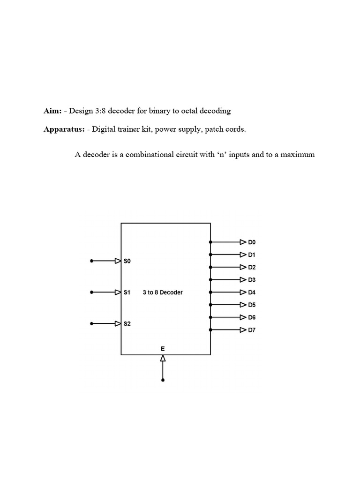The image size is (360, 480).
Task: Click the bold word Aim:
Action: coord(52,111)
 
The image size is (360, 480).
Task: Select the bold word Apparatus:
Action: coord(64,129)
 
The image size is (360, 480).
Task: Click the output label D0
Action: coord(252,242)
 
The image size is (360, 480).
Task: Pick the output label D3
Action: coord(252,280)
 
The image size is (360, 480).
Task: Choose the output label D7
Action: coord(252,330)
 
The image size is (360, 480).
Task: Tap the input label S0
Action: coord(127,261)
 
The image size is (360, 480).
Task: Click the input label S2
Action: coord(127,323)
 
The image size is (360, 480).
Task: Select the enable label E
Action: coord(163,349)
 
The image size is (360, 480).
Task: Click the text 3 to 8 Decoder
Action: coord(163,292)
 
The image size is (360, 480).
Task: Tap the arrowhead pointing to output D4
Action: coord(243,292)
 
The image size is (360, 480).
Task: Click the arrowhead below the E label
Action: coord(163,358)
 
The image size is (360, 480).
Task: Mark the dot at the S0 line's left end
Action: coord(92,261)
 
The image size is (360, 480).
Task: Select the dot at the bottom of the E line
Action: coord(163,380)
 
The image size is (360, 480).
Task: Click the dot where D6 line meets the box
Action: coord(210,317)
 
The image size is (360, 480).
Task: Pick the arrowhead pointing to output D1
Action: coord(243,255)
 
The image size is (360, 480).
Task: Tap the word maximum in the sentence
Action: coord(298,154)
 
